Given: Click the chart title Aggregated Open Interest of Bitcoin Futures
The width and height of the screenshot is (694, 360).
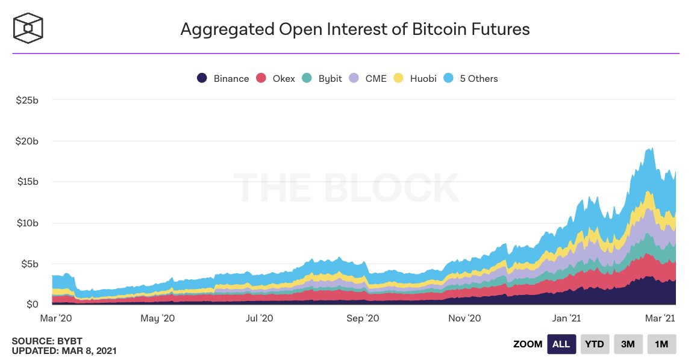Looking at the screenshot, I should [x=355, y=29].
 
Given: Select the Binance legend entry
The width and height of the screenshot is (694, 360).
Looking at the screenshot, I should [x=223, y=78].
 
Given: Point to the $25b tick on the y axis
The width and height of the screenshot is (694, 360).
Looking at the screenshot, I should [x=28, y=99].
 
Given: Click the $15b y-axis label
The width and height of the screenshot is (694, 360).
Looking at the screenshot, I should [x=28, y=182].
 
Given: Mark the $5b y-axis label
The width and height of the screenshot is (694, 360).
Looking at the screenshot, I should [x=30, y=264].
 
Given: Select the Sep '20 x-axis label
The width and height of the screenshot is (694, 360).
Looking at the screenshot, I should [x=364, y=318].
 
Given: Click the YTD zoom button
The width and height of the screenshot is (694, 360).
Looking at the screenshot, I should [x=595, y=344].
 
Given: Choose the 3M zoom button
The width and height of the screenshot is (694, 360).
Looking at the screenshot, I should [x=628, y=344].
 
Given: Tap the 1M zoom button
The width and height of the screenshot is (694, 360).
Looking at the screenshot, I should [x=661, y=344].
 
